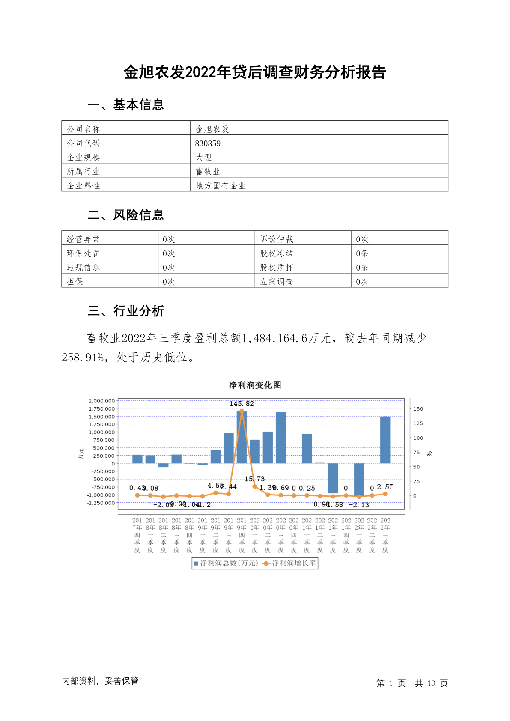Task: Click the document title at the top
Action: pyautogui.click(x=255, y=72)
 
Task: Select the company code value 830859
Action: pyautogui.click(x=208, y=143)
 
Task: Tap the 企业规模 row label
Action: pyautogui.click(x=84, y=158)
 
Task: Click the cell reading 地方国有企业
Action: pyautogui.click(x=221, y=186)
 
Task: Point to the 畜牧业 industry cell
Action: pyautogui.click(x=208, y=172)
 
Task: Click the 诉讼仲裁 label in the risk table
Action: pyautogui.click(x=277, y=239)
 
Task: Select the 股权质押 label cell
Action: pyautogui.click(x=277, y=268)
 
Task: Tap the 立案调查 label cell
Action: pyautogui.click(x=277, y=282)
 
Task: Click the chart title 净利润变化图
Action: pyautogui.click(x=255, y=385)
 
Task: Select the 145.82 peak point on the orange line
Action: pyautogui.click(x=242, y=411)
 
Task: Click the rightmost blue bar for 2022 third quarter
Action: pyautogui.click(x=385, y=440)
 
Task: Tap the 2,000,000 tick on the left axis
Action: pyautogui.click(x=102, y=401)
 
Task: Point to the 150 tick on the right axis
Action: pyautogui.click(x=418, y=409)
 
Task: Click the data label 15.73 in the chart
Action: pyautogui.click(x=255, y=479)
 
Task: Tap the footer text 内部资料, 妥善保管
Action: pyautogui.click(x=100, y=681)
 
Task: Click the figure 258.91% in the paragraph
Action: pyautogui.click(x=83, y=358)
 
